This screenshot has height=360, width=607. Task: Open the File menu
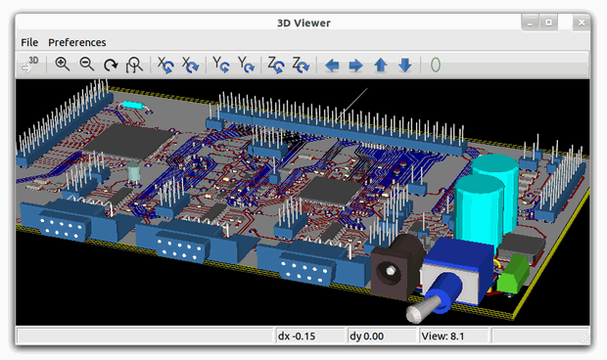click(29, 42)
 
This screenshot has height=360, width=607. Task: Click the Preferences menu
click(77, 42)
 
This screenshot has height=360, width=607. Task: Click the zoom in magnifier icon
click(63, 65)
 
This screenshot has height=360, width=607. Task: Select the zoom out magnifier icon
click(86, 65)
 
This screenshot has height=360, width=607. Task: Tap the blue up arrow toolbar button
click(380, 66)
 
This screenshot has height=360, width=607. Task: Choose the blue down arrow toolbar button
click(404, 66)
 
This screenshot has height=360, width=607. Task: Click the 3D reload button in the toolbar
click(29, 65)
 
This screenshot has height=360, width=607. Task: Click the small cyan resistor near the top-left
click(132, 104)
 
